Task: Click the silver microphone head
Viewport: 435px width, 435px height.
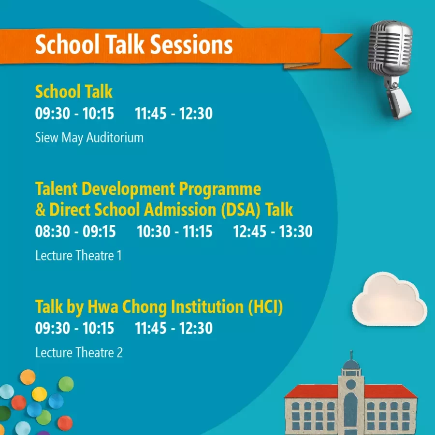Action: tap(390, 48)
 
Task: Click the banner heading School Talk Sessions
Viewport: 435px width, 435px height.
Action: tap(134, 44)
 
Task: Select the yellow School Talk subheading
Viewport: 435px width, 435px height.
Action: tap(74, 91)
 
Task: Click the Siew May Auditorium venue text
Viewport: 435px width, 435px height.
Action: tap(89, 138)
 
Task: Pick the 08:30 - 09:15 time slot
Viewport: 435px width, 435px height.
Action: tap(75, 232)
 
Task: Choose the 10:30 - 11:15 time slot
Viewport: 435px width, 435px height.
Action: tap(174, 232)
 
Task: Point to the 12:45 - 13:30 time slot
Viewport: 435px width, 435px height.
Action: tap(273, 232)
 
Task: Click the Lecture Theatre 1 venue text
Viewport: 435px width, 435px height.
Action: tap(78, 256)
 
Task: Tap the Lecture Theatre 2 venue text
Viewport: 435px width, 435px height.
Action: tap(79, 353)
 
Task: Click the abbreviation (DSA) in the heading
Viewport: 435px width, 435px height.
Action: tap(241, 210)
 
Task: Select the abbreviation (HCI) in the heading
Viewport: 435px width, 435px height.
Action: tap(265, 307)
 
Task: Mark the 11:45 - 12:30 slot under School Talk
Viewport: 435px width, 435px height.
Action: tap(174, 114)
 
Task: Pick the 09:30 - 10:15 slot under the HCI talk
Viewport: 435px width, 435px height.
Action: tap(74, 328)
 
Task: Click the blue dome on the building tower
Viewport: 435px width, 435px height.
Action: tap(351, 364)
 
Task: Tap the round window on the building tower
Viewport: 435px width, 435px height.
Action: tap(351, 384)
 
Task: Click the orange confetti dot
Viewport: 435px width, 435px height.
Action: tap(28, 377)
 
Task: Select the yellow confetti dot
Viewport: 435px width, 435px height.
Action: tap(40, 394)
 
